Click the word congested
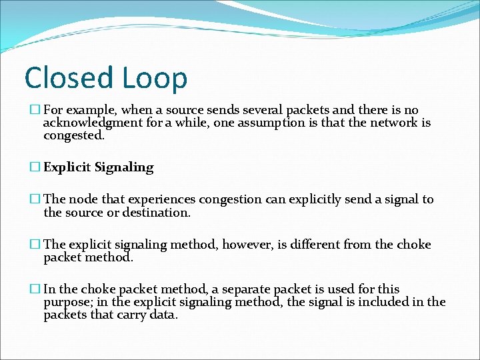click(73, 135)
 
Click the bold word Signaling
click(124, 167)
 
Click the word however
click(247, 245)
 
